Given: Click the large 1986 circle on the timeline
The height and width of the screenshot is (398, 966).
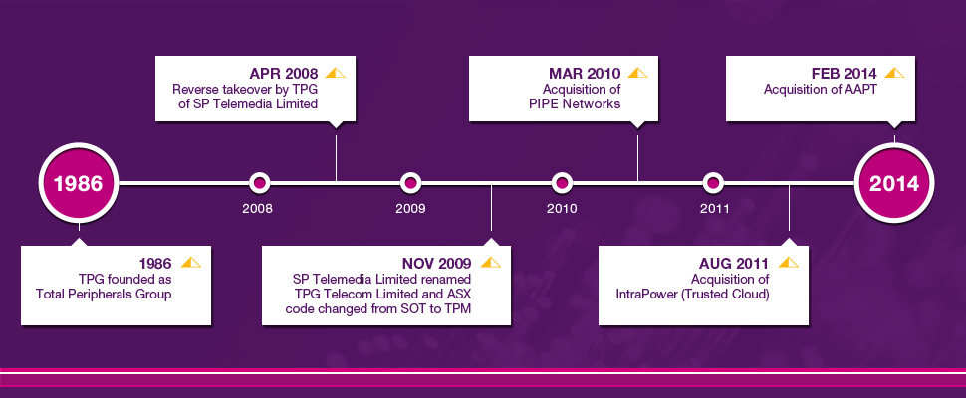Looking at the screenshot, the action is point(79,183).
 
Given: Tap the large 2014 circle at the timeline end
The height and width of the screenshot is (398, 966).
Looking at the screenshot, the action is point(894,183).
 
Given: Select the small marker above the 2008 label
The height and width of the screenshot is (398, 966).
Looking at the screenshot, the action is point(259,183).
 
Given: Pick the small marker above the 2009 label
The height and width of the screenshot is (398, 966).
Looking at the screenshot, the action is point(410,183).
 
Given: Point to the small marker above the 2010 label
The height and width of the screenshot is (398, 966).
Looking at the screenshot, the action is point(562,183).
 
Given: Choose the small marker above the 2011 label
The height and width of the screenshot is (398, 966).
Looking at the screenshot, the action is point(713,183).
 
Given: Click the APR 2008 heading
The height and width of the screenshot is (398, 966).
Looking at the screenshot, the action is point(284,74).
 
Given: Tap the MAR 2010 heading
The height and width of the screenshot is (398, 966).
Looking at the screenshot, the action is point(586,74).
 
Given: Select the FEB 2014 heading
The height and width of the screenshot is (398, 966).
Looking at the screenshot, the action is point(845,74).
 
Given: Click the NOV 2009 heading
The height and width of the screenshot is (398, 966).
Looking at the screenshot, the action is point(438,264).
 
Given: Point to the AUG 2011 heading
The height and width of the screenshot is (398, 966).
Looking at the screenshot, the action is point(734,264).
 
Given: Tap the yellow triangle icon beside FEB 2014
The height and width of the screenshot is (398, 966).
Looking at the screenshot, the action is point(894,73).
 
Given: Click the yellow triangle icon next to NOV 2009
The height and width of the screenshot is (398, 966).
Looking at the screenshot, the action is point(490,262).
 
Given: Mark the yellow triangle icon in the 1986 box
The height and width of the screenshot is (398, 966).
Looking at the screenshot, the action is point(191,262).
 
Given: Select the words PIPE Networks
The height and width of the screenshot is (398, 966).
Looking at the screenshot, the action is point(575,103).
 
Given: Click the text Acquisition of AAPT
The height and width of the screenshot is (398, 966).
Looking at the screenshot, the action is point(821,90).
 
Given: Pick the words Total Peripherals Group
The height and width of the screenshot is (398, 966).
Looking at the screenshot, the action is point(104,295).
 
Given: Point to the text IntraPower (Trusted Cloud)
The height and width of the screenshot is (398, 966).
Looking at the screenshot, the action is point(692,295).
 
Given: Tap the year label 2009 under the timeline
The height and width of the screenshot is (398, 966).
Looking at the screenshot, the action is point(410,209).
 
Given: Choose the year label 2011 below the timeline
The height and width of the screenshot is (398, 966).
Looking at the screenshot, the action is point(715,209).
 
